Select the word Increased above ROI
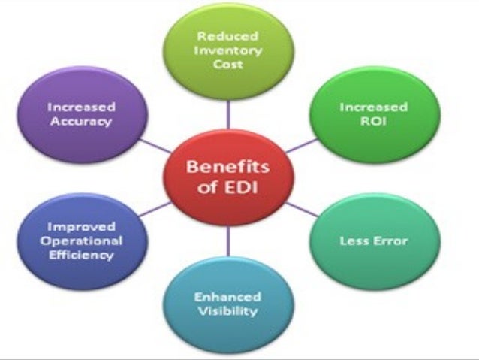click(372, 106)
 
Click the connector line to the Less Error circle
click(300, 213)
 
